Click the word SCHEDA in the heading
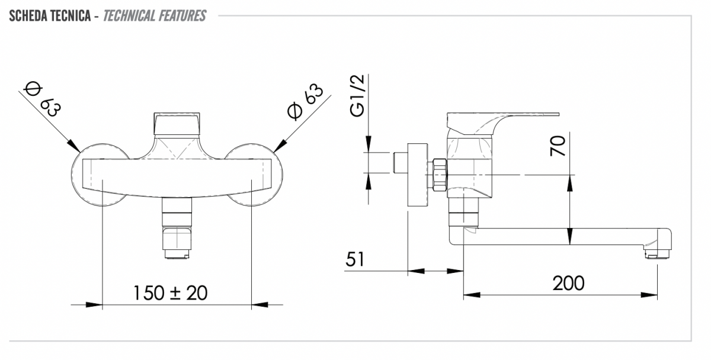28,16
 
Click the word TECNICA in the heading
71,16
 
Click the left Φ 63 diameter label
42,99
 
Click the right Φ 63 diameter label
305,102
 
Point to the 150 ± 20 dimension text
171,292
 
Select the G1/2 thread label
357,96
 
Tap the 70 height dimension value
558,146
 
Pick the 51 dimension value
355,259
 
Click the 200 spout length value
568,283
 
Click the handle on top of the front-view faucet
177,124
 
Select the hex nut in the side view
440,175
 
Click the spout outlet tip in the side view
657,254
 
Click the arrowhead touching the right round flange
280,146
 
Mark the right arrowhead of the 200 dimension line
649,295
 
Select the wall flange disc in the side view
417,175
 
